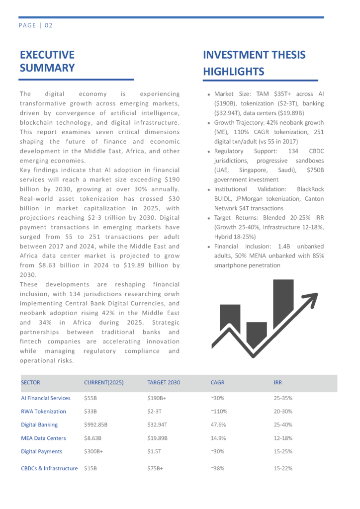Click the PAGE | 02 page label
pos(36,25)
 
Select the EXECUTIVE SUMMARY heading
pos(47,61)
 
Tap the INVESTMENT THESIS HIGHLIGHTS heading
pos(254,63)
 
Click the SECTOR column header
pos(30,383)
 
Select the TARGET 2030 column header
pos(164,383)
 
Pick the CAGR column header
pos(218,383)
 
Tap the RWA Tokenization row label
pos(43,412)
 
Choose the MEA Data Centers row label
pos(43,438)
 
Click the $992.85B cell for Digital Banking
pos(96,425)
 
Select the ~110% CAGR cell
pos(219,412)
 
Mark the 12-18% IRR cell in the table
pos(283,438)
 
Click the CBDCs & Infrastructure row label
pos(49,468)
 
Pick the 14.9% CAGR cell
pos(218,438)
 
